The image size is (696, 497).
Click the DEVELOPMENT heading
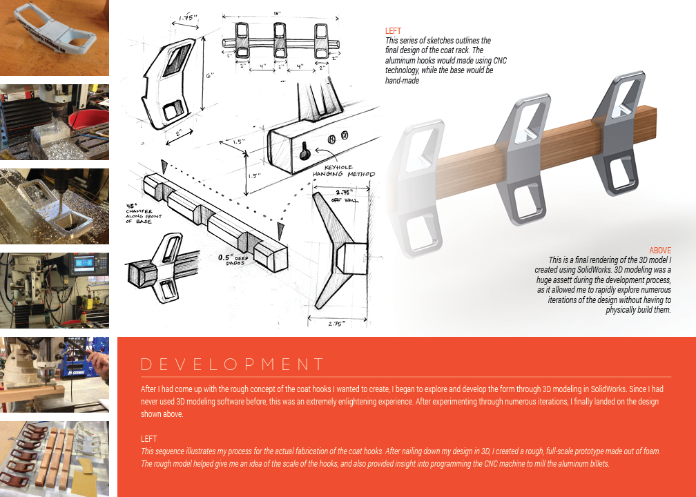pyautogui.click(x=232, y=364)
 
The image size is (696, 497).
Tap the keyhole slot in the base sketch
pyautogui.click(x=304, y=151)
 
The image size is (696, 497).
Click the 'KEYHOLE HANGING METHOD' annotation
pyautogui.click(x=344, y=171)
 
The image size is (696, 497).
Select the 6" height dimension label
pyautogui.click(x=209, y=75)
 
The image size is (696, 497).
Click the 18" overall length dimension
pyautogui.click(x=277, y=14)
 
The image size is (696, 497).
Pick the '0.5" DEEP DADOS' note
pyautogui.click(x=234, y=259)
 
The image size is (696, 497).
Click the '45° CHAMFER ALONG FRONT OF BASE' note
pyautogui.click(x=144, y=213)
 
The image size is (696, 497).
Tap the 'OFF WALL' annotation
pyautogui.click(x=345, y=201)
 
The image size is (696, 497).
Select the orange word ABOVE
pyautogui.click(x=660, y=251)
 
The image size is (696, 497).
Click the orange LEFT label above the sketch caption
pyautogui.click(x=394, y=30)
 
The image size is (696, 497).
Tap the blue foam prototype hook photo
pyautogui.click(x=54, y=38)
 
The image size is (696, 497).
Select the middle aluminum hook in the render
pyautogui.click(x=523, y=159)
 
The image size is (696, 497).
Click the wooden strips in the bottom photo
pyautogui.click(x=57, y=456)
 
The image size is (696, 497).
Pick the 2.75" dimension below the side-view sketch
pyautogui.click(x=336, y=324)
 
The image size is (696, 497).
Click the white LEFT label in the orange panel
pyautogui.click(x=148, y=439)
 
